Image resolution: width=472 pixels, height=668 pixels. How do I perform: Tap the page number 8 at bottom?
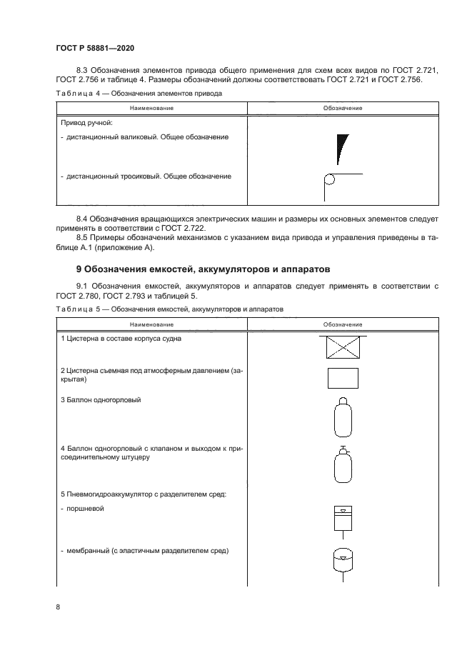point(59,607)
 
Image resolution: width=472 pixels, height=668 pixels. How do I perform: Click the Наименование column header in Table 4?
point(151,108)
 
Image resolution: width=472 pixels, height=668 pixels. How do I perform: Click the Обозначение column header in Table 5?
point(342,324)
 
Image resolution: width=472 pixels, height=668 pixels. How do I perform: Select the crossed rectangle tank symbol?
point(342,347)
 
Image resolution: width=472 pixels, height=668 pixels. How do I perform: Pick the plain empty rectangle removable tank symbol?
point(342,378)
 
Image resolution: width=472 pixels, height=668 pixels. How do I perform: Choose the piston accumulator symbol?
point(342,519)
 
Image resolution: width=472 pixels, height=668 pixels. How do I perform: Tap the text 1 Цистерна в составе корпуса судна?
point(120,339)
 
